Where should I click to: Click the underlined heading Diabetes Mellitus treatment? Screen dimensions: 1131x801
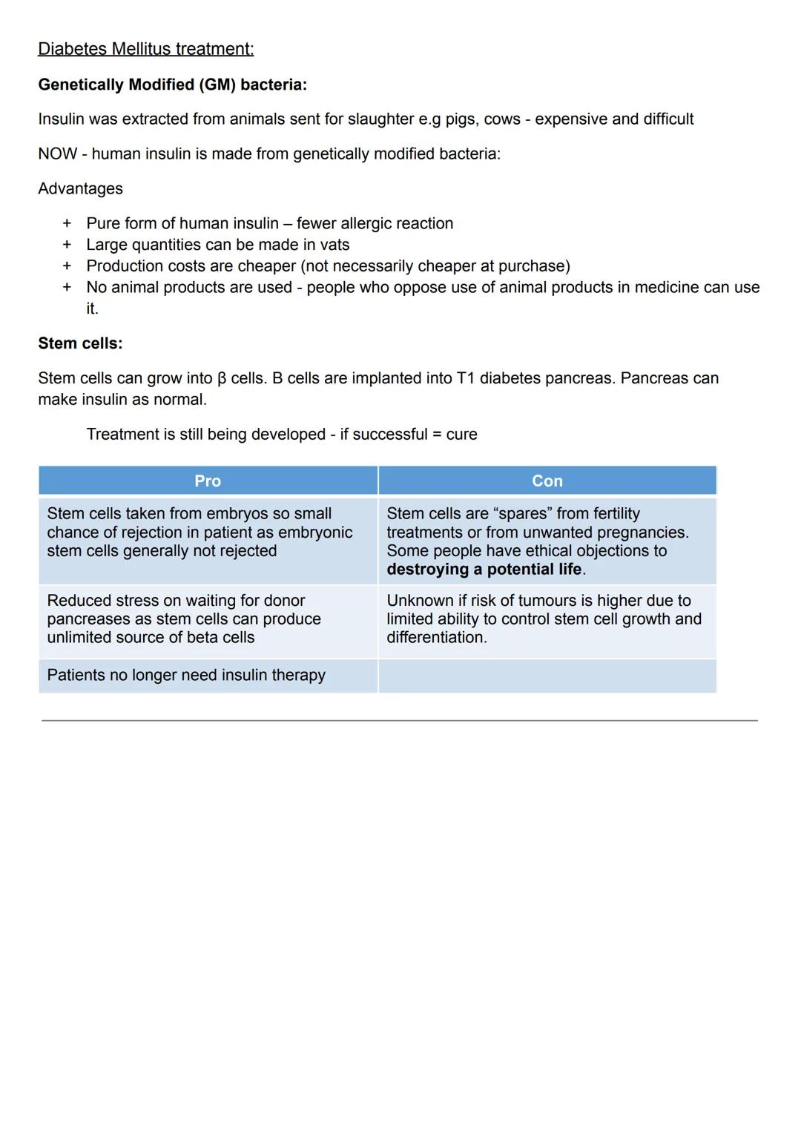145,49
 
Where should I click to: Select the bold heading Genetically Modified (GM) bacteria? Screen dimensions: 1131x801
172,85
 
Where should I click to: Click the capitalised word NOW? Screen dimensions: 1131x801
57,154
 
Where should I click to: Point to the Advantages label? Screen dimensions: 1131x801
80,189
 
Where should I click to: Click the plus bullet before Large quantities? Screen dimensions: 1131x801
67,245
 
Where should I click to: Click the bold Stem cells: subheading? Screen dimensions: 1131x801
80,343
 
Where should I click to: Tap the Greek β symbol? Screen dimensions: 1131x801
221,379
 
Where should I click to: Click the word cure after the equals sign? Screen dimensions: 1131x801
461,435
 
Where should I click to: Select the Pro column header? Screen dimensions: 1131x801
208,481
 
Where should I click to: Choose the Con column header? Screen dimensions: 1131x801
547,481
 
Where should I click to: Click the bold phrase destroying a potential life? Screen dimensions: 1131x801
484,570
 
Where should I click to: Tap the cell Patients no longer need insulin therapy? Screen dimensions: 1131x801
186,676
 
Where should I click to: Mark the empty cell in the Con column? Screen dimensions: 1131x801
547,676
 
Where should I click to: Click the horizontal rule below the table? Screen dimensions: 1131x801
399,720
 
